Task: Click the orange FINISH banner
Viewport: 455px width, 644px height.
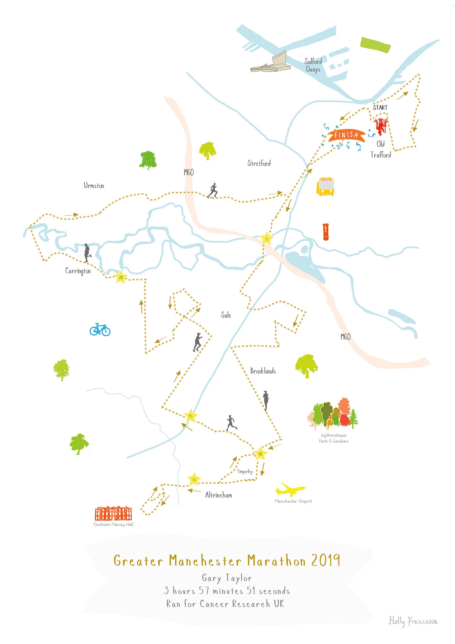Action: [x=346, y=135]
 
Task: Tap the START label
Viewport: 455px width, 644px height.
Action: [x=380, y=108]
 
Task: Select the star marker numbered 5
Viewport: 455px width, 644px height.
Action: [x=266, y=239]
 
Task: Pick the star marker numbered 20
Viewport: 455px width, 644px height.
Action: [x=121, y=277]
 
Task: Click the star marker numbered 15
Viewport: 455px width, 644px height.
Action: [x=190, y=416]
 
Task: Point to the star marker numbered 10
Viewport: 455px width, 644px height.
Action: [x=260, y=454]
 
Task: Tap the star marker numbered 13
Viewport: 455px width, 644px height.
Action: [x=194, y=479]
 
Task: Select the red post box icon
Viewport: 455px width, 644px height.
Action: [x=326, y=232]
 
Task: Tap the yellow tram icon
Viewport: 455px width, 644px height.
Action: [x=325, y=187]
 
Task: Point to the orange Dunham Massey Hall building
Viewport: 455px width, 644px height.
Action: [x=113, y=514]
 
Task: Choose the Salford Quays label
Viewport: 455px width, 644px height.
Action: [x=313, y=65]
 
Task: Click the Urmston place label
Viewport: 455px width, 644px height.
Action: [x=94, y=186]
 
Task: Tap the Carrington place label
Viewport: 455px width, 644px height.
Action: [x=78, y=271]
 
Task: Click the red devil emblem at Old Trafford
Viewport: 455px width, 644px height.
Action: [x=381, y=126]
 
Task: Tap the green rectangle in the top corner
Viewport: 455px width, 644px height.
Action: [x=375, y=45]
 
